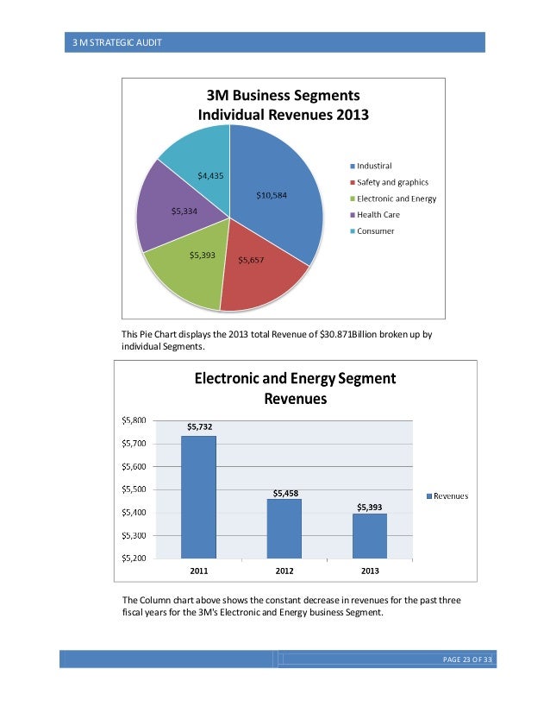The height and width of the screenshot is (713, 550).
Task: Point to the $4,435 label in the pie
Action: pos(212,175)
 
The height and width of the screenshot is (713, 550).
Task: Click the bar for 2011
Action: pos(198,496)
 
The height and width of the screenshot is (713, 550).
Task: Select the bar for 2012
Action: pos(284,527)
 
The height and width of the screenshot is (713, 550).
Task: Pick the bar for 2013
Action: pos(370,535)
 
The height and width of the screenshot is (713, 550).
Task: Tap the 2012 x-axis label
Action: pos(284,571)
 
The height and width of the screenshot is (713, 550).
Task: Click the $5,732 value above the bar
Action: pos(198,426)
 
